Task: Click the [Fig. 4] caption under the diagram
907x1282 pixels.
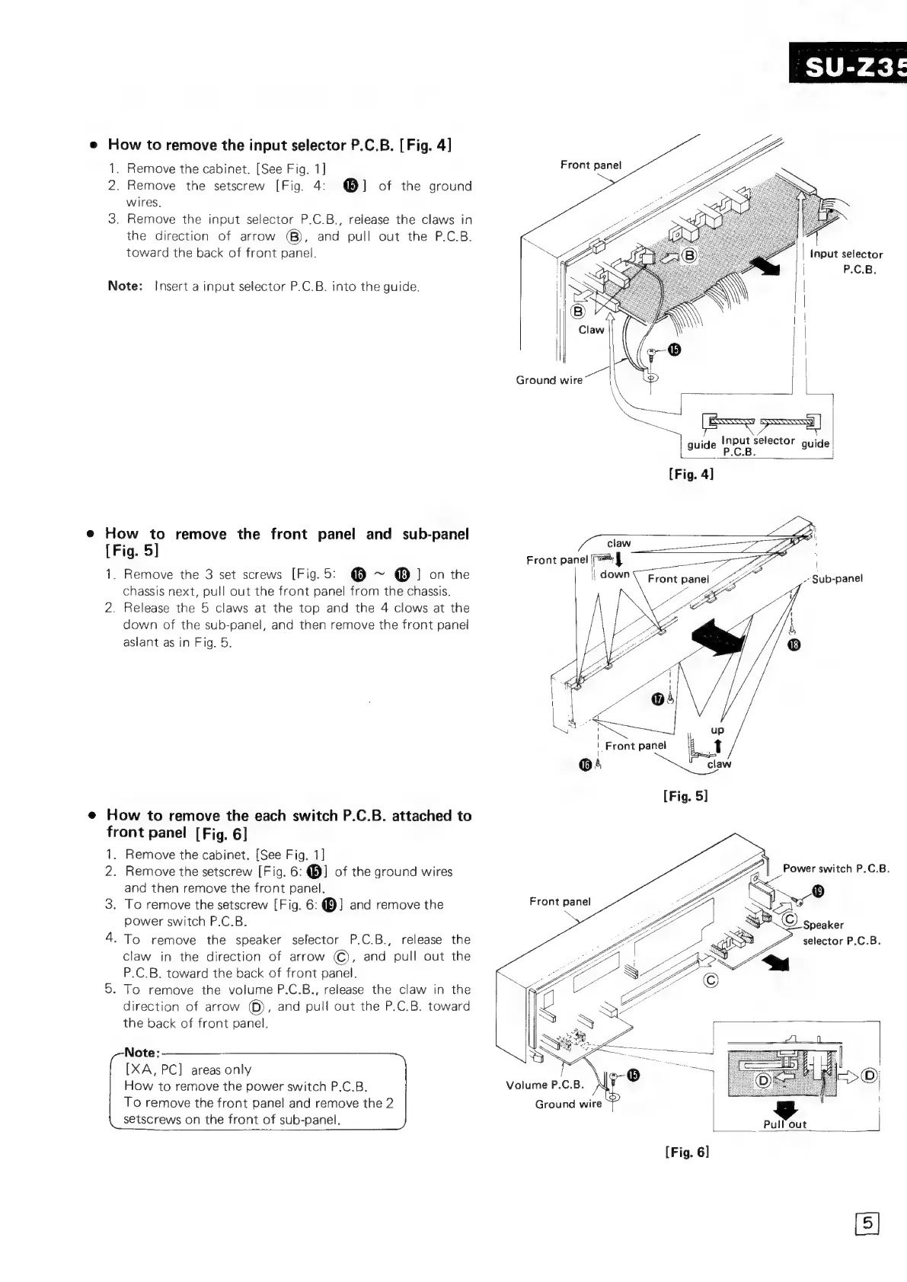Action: click(691, 474)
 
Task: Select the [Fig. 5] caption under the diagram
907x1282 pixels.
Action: click(685, 796)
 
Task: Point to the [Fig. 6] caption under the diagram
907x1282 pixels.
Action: click(687, 1152)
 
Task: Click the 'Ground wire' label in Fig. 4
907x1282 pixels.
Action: click(548, 380)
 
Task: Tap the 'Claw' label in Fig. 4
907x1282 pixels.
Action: click(591, 330)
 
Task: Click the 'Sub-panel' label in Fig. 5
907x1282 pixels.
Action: click(837, 578)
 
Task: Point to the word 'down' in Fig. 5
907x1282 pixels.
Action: click(615, 574)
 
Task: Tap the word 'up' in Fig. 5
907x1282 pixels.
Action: click(717, 729)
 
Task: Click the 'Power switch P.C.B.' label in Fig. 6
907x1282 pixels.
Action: click(835, 868)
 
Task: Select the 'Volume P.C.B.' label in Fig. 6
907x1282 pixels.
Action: click(545, 1084)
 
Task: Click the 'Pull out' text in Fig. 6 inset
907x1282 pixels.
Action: click(784, 1124)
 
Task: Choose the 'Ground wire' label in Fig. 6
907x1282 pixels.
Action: click(568, 1104)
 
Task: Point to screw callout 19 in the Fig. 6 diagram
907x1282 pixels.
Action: click(819, 892)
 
